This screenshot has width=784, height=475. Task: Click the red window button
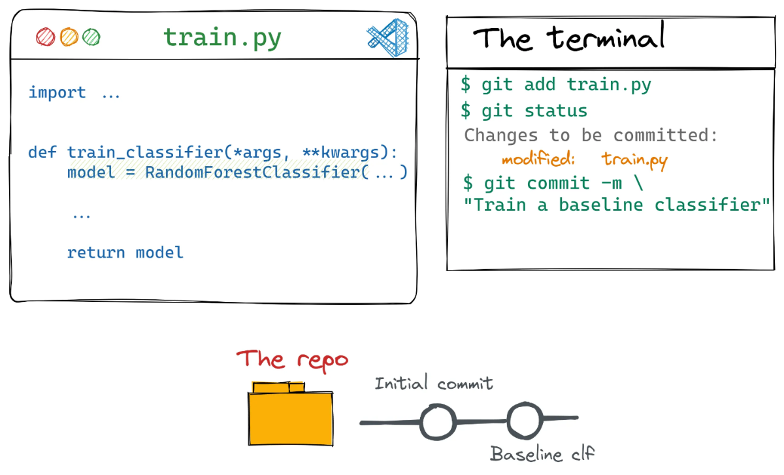coord(46,37)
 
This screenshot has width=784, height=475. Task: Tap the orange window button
coord(69,37)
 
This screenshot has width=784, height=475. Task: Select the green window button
coord(91,37)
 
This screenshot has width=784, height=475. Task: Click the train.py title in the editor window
coord(222,38)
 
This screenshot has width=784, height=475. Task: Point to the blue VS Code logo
coord(388,38)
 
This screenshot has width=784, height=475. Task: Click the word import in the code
coord(57,93)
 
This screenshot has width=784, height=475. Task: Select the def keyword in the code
coord(42,152)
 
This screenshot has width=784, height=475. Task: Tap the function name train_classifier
coord(145,153)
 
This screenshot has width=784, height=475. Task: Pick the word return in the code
coord(96,252)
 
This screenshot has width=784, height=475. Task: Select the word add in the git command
coord(540,84)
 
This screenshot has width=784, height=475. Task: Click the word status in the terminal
coord(556,111)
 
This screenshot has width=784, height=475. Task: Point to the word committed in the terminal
coord(665,135)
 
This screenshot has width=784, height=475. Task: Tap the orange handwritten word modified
coord(538,159)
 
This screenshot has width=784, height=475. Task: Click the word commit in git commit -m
coord(558,183)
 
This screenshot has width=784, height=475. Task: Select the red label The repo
coord(292,360)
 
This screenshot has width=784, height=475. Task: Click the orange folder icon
coord(291,414)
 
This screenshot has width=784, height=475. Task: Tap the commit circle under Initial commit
coord(438,422)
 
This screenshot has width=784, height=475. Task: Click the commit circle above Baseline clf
coord(525,420)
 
